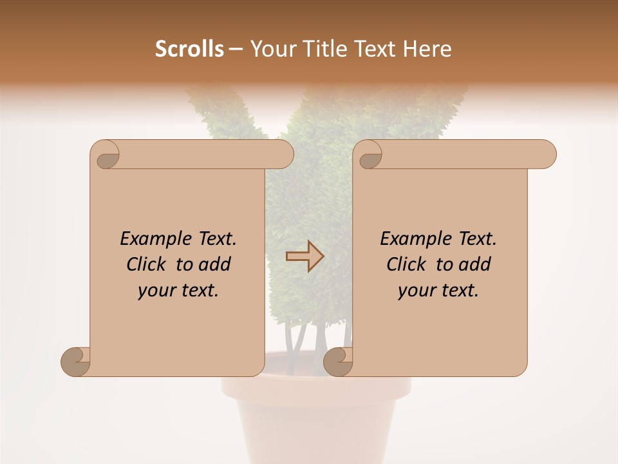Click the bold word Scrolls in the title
[x=189, y=49]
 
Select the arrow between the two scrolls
[x=304, y=256]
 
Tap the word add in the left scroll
[x=214, y=264]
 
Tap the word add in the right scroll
[x=474, y=264]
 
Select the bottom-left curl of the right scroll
[x=338, y=361]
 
